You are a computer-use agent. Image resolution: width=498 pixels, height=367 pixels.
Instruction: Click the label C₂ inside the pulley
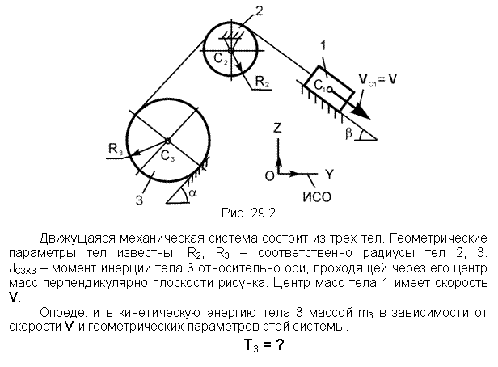pos(221,59)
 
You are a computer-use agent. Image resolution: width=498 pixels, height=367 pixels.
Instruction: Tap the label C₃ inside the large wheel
pos(167,156)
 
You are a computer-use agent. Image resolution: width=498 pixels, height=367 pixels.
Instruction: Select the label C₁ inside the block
pos(319,86)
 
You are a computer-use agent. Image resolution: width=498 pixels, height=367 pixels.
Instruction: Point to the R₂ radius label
pos(262,82)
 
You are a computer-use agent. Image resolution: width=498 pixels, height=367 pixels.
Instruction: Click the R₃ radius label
pos(116,149)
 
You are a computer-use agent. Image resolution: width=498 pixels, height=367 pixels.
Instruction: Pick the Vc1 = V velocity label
pos(378,79)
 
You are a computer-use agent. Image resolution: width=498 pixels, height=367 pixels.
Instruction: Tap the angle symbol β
pos(348,133)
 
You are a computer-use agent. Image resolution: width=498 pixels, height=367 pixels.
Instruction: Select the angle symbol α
pos(192,192)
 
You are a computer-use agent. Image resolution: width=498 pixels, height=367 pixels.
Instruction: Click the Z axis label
pos(277,128)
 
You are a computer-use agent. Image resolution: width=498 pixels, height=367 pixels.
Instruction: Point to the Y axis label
pos(330,175)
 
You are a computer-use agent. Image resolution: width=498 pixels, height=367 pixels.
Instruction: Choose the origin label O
pos(270,175)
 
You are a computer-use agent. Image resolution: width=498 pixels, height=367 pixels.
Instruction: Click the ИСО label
pos(317,197)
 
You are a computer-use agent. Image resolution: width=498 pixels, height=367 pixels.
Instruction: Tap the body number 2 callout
pos(260,11)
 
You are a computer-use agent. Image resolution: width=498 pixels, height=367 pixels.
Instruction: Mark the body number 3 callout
pos(139,200)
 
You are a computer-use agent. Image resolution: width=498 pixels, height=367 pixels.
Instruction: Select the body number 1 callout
pos(323,46)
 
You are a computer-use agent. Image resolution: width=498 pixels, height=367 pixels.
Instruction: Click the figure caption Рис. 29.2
pos(248,213)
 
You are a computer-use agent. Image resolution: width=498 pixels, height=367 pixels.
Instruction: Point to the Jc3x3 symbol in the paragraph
pos(23,269)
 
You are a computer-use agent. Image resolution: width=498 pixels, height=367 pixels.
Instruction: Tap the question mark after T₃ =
pos(280,344)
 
